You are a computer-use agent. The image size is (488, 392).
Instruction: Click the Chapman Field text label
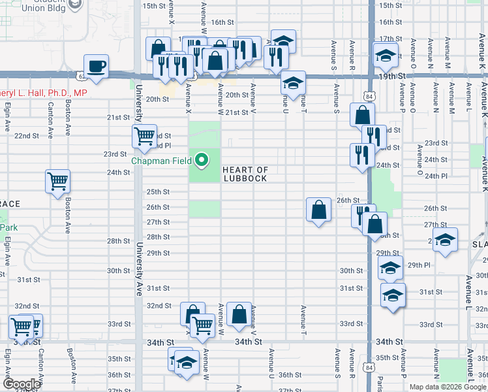coord(162,160)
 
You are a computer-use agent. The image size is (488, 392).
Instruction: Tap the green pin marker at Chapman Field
coord(202,159)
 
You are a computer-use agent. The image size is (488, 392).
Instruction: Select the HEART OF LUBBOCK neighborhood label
coord(245,174)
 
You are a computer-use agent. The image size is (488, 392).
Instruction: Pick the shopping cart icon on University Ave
coord(144,136)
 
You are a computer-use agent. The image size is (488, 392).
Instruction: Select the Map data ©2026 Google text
coord(447,386)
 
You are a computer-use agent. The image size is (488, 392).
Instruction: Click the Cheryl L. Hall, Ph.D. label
coord(42,93)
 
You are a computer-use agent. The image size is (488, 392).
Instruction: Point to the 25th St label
coord(157,192)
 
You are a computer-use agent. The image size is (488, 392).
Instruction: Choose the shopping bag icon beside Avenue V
coord(239,314)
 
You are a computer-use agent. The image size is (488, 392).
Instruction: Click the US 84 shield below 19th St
coord(370,96)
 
